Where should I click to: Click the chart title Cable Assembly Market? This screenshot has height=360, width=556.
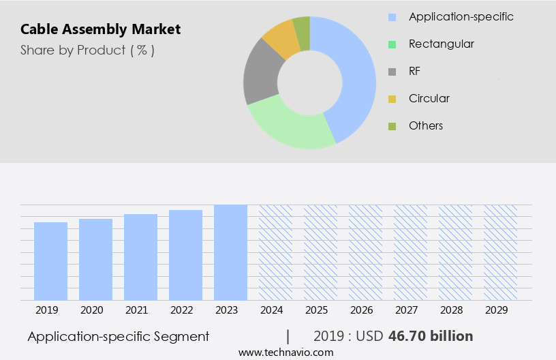pos(100,29)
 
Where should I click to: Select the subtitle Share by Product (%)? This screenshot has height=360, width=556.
pos(87,50)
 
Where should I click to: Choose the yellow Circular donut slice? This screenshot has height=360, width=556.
pos(281,40)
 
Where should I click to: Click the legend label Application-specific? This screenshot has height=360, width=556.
pos(461,16)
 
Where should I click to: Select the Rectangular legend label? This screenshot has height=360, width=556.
pos(441,44)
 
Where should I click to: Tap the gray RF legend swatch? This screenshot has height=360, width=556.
pos(392,72)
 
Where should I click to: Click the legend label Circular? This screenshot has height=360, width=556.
pos(429,98)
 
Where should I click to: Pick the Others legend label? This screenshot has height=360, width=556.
pos(425,125)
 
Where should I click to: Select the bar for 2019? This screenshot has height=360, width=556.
pos(50,261)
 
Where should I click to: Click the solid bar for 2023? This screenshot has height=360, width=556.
pos(230,252)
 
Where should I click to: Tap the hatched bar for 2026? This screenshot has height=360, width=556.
pos(365,252)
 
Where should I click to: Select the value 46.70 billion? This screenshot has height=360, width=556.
pos(430,336)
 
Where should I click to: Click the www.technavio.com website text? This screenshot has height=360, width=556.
pos(285,352)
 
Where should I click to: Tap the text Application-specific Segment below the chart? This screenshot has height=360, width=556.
pos(118,336)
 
